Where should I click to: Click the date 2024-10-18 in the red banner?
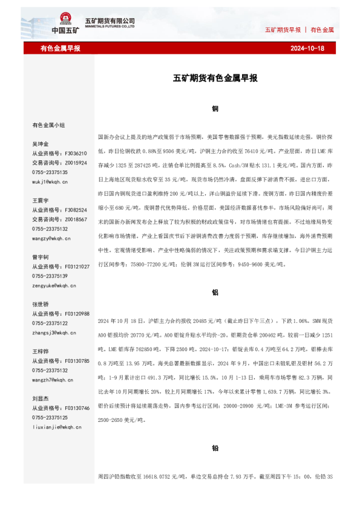click(307, 48)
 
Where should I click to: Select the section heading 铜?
click(215, 109)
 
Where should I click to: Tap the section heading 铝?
click(215, 292)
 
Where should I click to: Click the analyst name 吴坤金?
click(41, 144)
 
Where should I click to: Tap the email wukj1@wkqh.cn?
click(50, 181)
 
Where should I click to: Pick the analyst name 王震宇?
click(41, 200)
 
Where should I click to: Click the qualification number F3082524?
click(76, 210)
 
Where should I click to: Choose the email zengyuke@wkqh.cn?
click(53, 285)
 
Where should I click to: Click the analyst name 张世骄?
click(41, 304)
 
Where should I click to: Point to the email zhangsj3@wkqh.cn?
click(53, 332)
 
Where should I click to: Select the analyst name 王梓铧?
click(41, 351)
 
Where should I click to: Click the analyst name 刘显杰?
click(41, 398)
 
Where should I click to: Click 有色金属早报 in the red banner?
click(61, 48)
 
